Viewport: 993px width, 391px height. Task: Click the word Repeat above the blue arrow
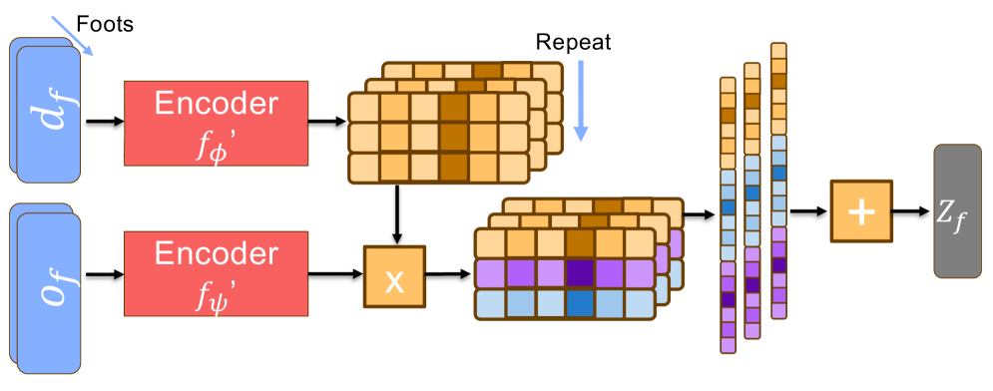point(573,42)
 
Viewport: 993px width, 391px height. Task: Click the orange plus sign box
point(860,211)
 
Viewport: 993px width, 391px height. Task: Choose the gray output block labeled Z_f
point(955,210)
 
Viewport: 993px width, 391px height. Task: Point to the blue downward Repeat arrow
point(583,100)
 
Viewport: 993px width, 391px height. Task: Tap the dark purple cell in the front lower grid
point(578,273)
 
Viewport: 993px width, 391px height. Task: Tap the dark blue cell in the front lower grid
point(578,304)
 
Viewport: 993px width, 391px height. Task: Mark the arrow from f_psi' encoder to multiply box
point(335,272)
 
